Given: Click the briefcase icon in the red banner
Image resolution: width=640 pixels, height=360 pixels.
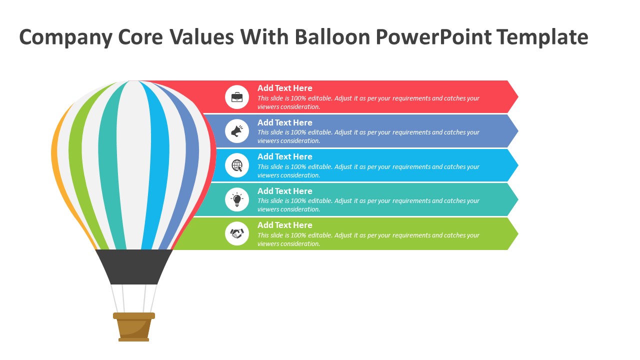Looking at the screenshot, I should click(x=237, y=97).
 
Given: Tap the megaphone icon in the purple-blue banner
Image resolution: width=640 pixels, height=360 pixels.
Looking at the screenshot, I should click(x=237, y=131).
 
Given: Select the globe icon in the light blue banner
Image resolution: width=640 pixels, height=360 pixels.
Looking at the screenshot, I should click(x=237, y=165).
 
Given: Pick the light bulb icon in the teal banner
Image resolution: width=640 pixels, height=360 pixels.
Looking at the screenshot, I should click(x=237, y=199).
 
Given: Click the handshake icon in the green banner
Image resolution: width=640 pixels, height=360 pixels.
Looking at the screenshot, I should click(x=237, y=233).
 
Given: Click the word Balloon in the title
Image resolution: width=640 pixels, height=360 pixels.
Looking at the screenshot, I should click(x=332, y=37).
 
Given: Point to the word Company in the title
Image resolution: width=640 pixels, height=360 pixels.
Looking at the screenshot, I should click(x=66, y=37).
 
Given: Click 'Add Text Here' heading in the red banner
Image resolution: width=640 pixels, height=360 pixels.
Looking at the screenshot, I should click(x=284, y=88).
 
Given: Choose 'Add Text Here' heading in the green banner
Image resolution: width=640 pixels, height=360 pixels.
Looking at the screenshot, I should click(x=284, y=225).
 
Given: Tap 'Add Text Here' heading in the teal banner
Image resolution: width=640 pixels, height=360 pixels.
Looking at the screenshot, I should click(x=284, y=191).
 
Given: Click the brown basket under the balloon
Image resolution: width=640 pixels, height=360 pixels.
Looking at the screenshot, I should click(x=134, y=327).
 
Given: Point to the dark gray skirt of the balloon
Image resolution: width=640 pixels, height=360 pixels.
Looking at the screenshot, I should click(x=134, y=266).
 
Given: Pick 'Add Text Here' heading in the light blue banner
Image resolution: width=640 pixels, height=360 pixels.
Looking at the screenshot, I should click(x=284, y=156).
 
